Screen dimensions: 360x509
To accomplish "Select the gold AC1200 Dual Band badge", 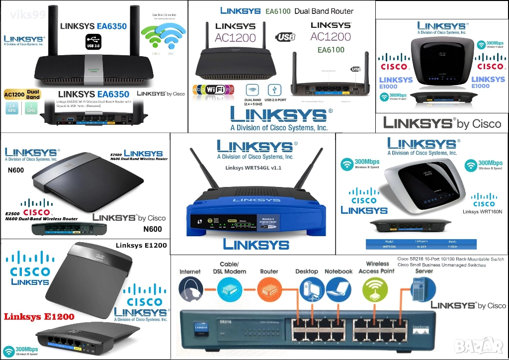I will (22, 94).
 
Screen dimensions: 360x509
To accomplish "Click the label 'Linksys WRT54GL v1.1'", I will (253, 168).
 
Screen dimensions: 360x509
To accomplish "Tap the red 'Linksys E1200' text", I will (39, 317).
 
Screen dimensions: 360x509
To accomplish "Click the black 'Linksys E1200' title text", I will (141, 245).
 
